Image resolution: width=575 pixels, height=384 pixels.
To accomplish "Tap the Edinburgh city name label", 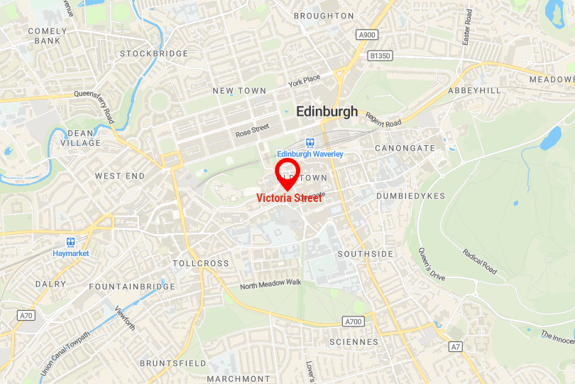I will click(327, 112).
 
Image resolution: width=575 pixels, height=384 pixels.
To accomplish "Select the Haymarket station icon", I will click(71, 242).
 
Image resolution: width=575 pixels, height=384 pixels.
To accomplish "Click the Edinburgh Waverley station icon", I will click(310, 143).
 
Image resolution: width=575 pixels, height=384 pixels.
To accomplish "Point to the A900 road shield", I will click(367, 35).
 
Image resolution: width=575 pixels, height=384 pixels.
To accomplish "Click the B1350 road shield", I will click(380, 55).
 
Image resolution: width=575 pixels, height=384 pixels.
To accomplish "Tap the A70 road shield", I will click(26, 315).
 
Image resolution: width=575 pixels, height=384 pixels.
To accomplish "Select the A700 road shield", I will click(353, 321).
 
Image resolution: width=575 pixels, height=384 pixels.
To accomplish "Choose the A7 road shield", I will click(456, 346).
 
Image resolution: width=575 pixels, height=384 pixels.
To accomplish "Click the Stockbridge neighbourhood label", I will click(154, 53).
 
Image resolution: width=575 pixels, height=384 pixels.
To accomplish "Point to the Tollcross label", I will click(201, 263).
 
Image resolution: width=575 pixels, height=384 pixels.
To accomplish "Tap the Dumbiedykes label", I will click(411, 196).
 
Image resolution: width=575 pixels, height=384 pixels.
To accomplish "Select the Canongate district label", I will click(405, 148).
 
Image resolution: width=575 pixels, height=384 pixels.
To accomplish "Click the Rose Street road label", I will click(253, 131).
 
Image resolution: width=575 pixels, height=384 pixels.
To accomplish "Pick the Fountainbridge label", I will click(132, 287).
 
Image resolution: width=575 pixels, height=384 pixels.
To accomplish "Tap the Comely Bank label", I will click(48, 36).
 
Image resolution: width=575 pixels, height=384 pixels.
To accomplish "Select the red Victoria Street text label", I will click(289, 198).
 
